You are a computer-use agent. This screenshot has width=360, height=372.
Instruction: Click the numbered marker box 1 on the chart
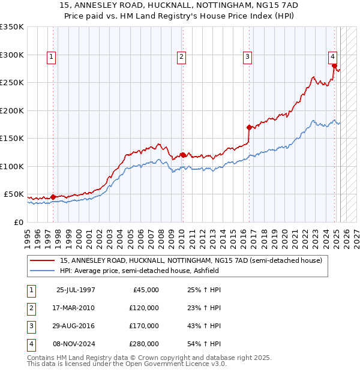click(51, 57)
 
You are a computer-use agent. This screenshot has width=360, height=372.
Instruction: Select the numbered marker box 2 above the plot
click(181, 57)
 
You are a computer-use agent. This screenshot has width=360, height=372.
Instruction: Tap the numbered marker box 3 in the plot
click(247, 57)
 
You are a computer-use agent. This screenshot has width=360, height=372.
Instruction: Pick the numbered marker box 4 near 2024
click(332, 57)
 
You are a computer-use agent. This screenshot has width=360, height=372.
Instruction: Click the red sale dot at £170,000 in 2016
click(249, 127)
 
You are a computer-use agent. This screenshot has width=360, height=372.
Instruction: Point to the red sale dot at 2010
click(182, 155)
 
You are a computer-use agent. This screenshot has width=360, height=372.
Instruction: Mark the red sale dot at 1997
click(53, 197)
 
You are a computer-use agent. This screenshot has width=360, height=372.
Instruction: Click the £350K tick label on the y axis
click(12, 27)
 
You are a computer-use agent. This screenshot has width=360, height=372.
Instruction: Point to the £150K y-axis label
click(12, 138)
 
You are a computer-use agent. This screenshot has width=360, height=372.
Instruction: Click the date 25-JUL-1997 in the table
click(76, 290)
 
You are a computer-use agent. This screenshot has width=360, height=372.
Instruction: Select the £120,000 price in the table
click(144, 308)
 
